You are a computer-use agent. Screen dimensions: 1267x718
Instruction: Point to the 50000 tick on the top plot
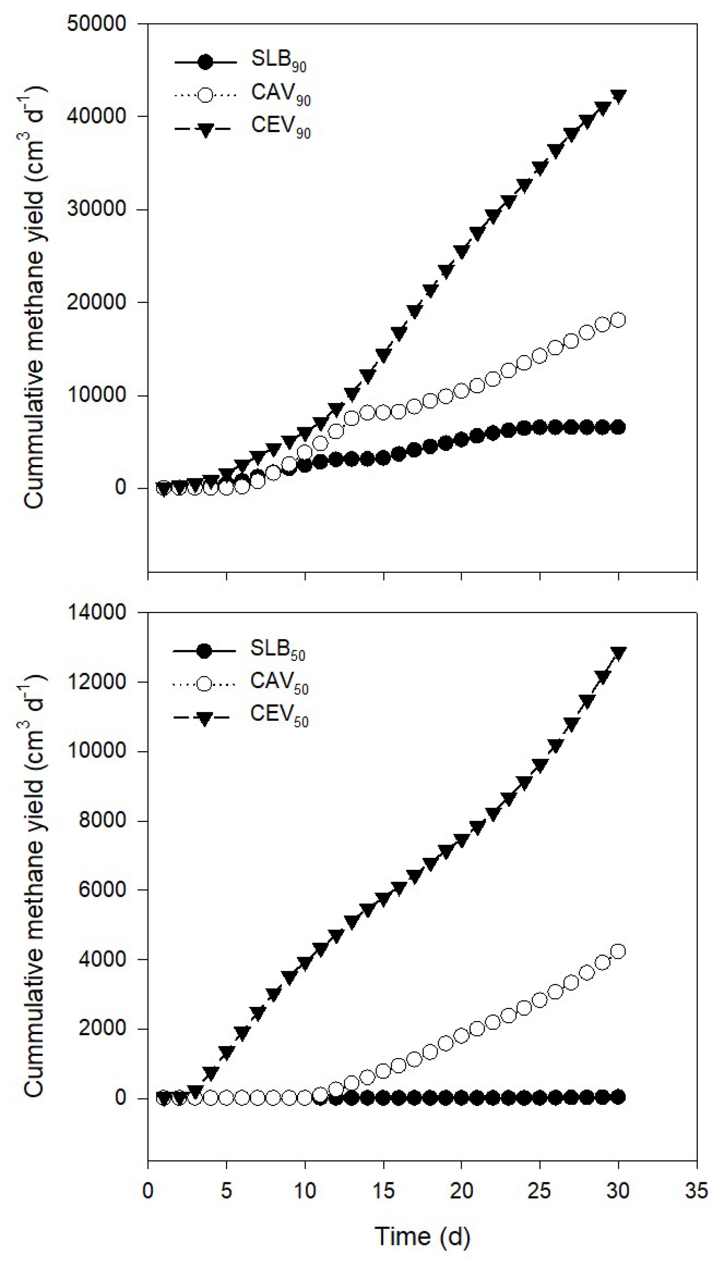[x=97, y=23]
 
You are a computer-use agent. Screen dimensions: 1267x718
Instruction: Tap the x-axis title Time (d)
[x=422, y=1237]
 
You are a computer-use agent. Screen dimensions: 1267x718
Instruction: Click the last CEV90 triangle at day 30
[x=618, y=96]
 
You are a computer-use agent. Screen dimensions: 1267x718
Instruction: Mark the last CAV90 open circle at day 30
[x=618, y=320]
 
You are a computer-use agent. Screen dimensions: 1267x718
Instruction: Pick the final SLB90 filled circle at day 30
[x=618, y=427]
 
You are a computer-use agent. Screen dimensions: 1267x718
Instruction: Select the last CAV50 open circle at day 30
[x=618, y=951]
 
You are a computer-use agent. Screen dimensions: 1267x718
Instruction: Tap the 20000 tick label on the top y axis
[x=97, y=302]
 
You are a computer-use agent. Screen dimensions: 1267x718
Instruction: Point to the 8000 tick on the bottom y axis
[x=102, y=820]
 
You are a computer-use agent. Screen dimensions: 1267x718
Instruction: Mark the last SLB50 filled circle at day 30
[x=618, y=1096]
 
